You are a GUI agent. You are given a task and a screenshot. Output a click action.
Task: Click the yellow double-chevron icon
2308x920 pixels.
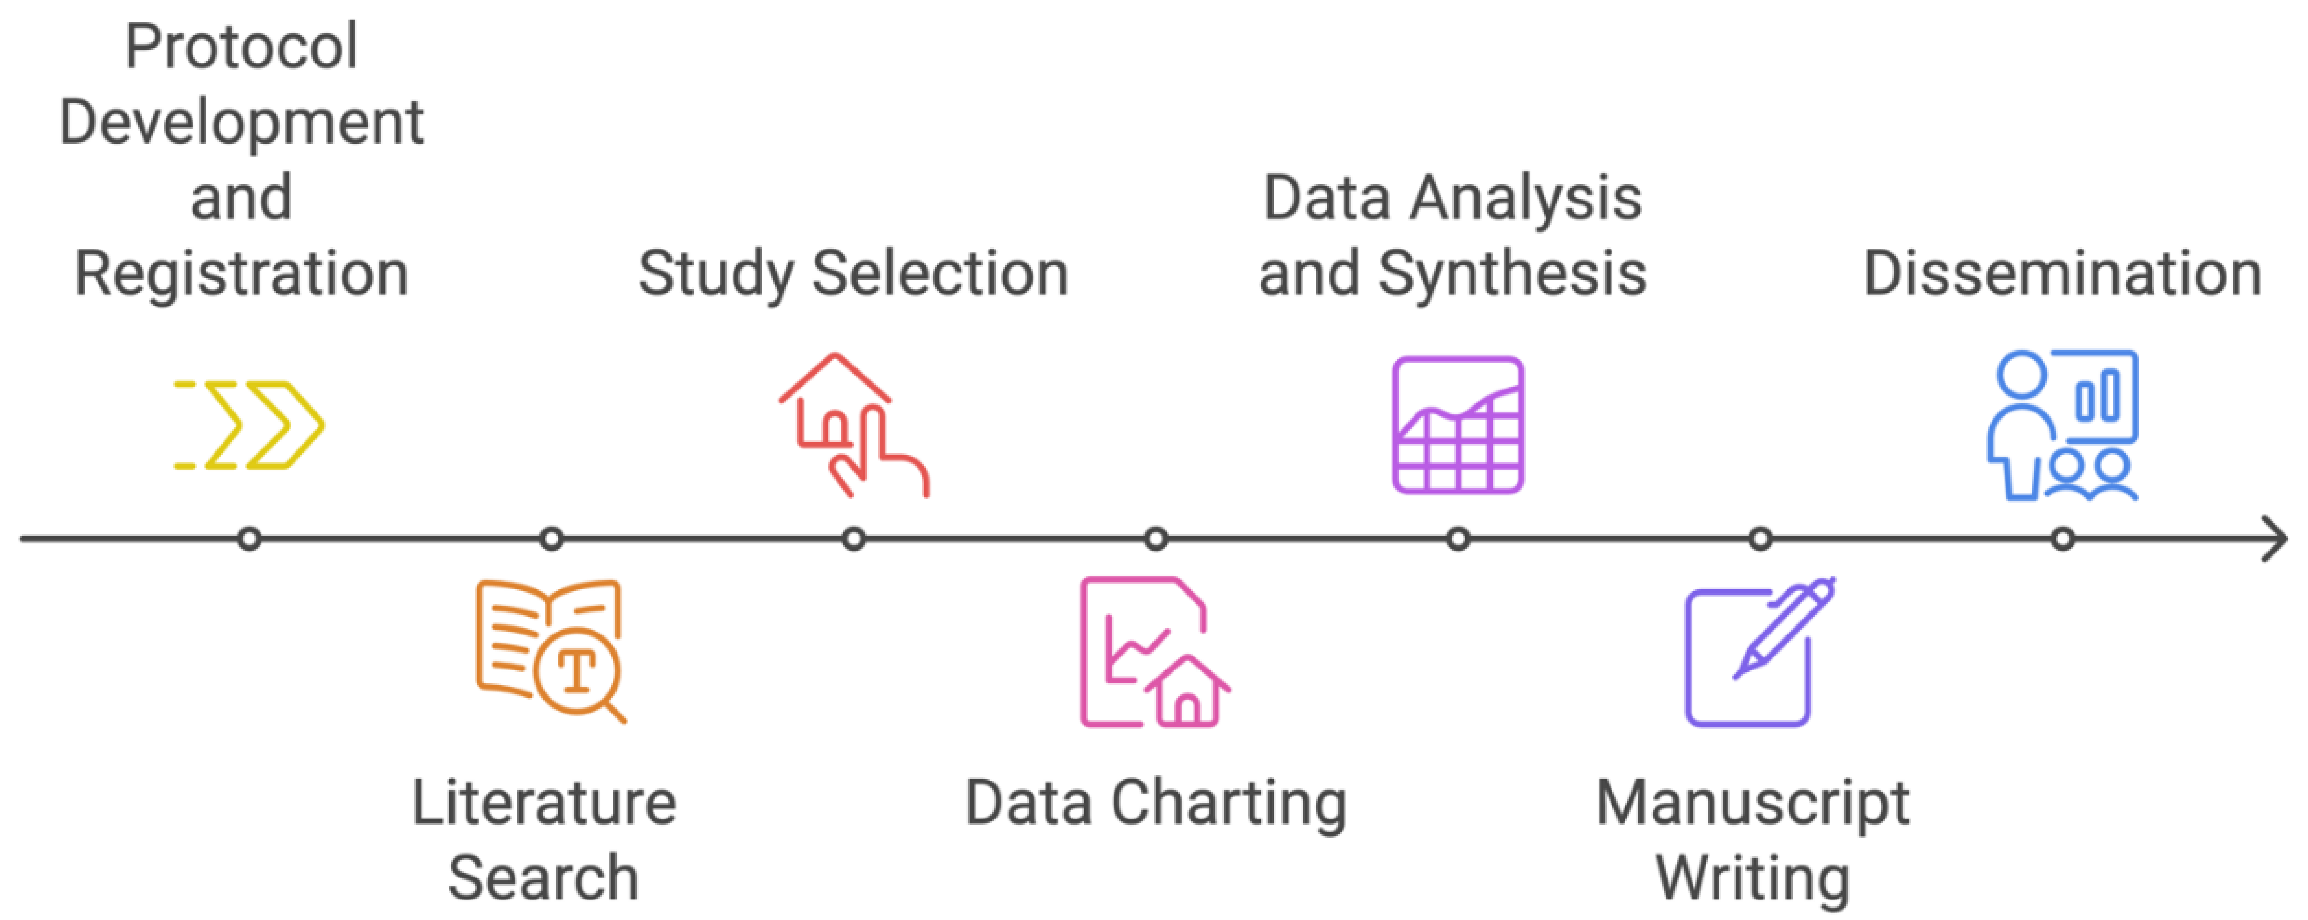pos(249,425)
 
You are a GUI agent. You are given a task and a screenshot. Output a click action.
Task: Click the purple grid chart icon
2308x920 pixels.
pos(1458,425)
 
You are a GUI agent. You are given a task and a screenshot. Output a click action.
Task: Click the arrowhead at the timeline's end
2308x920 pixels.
pos(2276,539)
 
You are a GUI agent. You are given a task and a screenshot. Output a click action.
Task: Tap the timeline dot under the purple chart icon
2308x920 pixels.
pos(1458,539)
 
